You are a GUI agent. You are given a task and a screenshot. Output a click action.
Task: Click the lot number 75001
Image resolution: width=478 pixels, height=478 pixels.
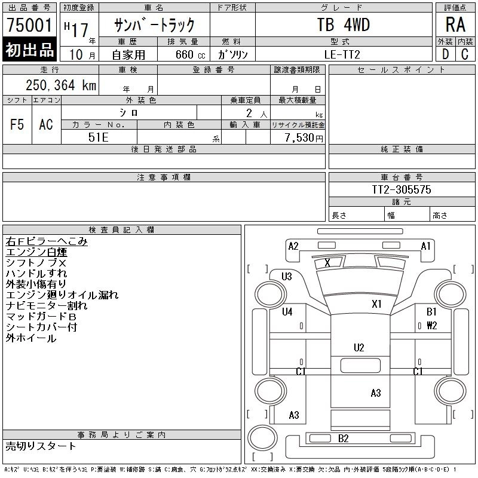(x=29, y=25)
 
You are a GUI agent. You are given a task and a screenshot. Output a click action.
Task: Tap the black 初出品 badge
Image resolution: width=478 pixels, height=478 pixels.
(x=29, y=50)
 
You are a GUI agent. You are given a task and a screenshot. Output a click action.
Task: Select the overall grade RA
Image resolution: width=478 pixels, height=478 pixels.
(x=455, y=24)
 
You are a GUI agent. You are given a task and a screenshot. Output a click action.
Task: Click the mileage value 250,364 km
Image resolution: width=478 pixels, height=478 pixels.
(x=61, y=85)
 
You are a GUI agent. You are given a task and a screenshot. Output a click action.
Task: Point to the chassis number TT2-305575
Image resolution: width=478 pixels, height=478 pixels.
(x=402, y=189)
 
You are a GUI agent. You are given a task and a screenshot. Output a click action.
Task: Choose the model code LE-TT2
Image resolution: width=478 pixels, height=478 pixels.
(x=342, y=54)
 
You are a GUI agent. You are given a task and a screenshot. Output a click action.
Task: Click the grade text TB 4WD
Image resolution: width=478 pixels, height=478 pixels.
(x=344, y=24)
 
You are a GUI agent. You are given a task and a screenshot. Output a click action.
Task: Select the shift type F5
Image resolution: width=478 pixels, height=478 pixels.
(x=17, y=124)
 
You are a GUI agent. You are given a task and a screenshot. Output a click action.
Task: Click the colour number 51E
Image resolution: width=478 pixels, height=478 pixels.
(x=99, y=137)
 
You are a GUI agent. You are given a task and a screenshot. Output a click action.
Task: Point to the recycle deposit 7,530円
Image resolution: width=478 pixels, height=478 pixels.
(x=304, y=138)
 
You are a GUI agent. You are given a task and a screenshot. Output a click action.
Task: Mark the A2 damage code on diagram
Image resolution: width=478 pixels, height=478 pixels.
(x=293, y=246)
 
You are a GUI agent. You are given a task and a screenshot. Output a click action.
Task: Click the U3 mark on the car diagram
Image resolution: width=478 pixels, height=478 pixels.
(x=287, y=277)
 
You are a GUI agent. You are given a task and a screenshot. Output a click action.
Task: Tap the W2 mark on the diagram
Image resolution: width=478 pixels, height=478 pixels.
(x=431, y=326)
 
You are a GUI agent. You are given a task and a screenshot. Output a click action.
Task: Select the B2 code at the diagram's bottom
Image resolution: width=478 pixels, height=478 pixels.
(x=343, y=439)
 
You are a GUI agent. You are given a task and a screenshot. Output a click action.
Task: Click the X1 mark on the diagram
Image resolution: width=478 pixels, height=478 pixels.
(x=377, y=304)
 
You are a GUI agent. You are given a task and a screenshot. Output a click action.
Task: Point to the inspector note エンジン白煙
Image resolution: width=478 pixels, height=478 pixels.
(x=36, y=252)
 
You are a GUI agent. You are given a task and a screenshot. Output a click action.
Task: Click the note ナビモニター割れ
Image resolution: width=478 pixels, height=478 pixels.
(x=47, y=305)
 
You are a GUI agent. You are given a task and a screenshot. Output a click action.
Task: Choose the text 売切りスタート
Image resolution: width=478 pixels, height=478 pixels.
(x=41, y=446)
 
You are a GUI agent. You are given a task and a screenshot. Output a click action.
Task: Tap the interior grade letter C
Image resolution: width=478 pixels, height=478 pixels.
(x=465, y=54)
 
